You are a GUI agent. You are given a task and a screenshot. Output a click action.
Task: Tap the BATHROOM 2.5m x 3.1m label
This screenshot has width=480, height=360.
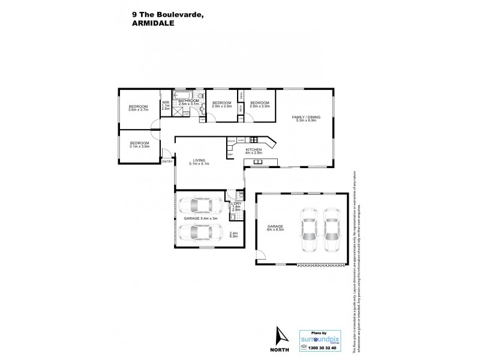(189, 103)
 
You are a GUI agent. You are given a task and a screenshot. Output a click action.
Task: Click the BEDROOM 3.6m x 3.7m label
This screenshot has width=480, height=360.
(137, 108)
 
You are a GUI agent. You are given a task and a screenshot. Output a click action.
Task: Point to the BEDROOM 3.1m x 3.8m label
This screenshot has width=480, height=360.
(139, 144)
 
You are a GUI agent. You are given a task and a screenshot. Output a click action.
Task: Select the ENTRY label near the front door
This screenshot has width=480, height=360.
(167, 161)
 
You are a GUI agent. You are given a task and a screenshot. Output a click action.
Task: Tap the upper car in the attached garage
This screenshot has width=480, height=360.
(202, 206)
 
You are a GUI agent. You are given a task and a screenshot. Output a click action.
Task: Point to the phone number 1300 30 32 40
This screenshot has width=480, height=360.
(323, 347)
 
